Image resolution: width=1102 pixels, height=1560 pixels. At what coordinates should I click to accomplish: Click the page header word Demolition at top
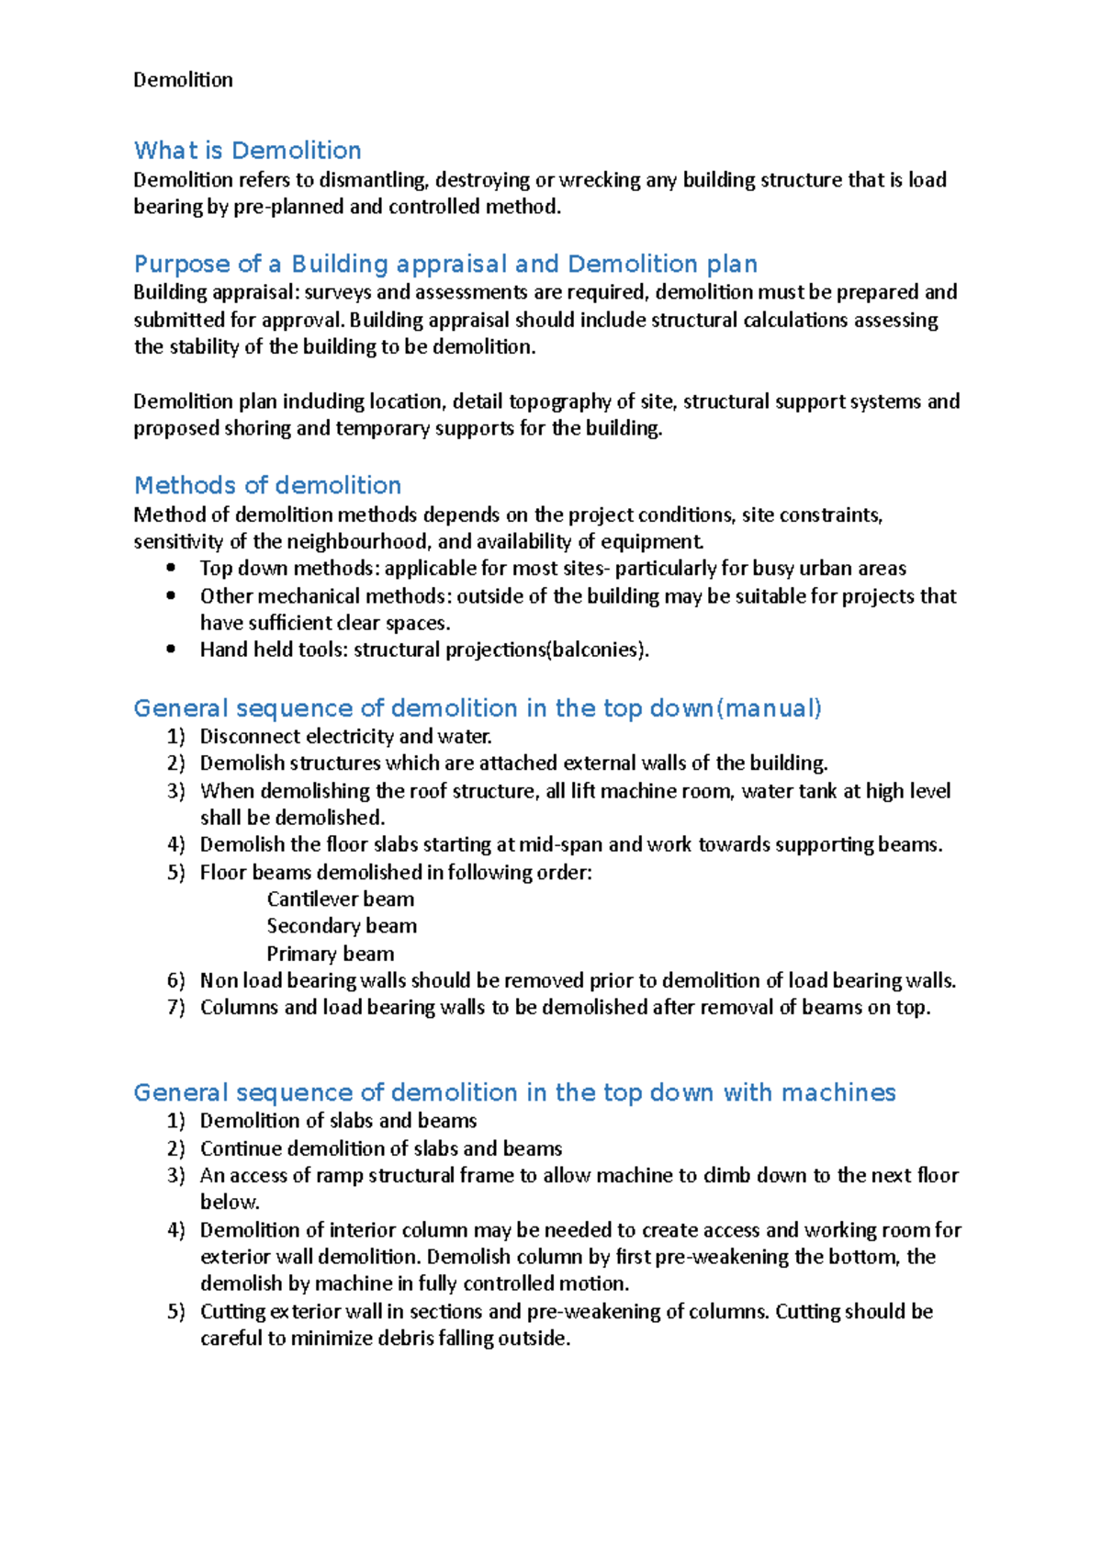pyautogui.click(x=183, y=80)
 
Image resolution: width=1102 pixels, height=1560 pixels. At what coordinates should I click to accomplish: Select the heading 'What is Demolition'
pyautogui.click(x=247, y=151)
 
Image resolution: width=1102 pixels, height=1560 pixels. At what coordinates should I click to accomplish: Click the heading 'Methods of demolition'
pyautogui.click(x=267, y=485)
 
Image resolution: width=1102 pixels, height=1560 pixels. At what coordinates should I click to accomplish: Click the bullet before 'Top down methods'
pyautogui.click(x=171, y=569)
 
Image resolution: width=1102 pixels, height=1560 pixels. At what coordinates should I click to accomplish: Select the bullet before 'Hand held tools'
pyautogui.click(x=171, y=650)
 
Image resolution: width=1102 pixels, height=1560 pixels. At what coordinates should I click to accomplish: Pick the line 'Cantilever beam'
pyautogui.click(x=340, y=899)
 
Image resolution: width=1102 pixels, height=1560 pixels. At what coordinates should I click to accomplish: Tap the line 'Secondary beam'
pyautogui.click(x=342, y=926)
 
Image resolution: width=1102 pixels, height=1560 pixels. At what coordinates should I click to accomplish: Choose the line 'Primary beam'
pyautogui.click(x=330, y=954)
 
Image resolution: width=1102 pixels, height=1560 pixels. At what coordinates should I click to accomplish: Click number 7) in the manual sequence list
pyautogui.click(x=175, y=1008)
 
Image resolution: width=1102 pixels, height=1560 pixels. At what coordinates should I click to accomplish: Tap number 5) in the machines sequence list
pyautogui.click(x=175, y=1312)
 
